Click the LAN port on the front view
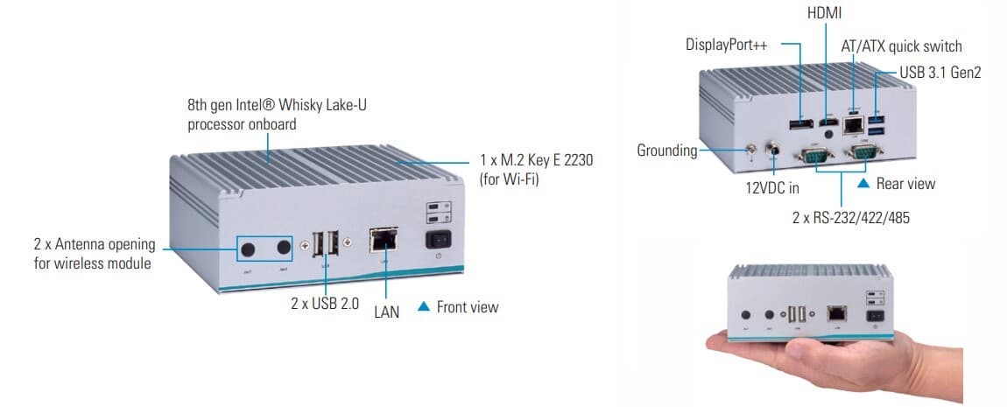[x=384, y=240]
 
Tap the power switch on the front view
[x=438, y=240]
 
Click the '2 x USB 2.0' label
[x=325, y=304]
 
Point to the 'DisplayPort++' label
[x=726, y=45]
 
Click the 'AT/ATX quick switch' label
[x=902, y=46]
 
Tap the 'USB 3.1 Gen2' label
[x=940, y=73]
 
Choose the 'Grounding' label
[x=666, y=151]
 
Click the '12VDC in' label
[x=772, y=189]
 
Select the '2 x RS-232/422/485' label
[x=851, y=218]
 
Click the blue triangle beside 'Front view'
[x=424, y=307]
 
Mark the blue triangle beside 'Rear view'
[x=863, y=184]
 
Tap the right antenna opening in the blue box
[x=283, y=248]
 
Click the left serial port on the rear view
[x=814, y=155]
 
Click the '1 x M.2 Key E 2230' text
[x=536, y=160]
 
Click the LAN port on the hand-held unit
[x=837, y=313]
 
